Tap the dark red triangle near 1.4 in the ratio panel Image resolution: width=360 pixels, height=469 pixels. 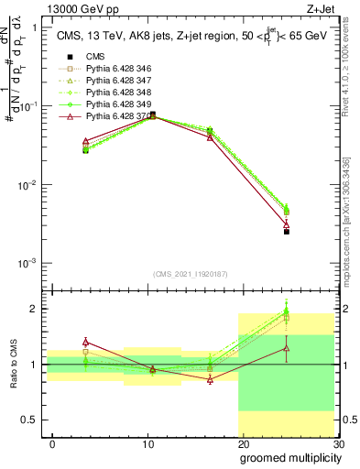(85, 342)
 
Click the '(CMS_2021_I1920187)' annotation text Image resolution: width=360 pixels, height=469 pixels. (191, 273)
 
